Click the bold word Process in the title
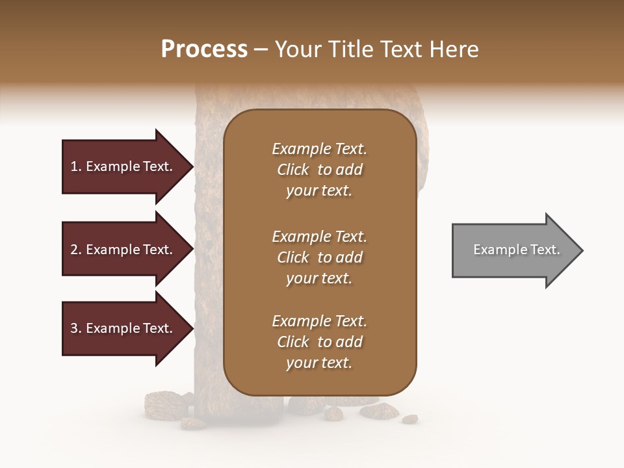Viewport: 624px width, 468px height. [x=204, y=49]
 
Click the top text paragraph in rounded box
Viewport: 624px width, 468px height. [x=319, y=170]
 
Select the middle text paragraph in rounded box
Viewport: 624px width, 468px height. [x=319, y=257]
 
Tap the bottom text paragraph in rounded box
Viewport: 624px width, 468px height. [x=319, y=342]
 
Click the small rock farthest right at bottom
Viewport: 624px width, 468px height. [x=409, y=419]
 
